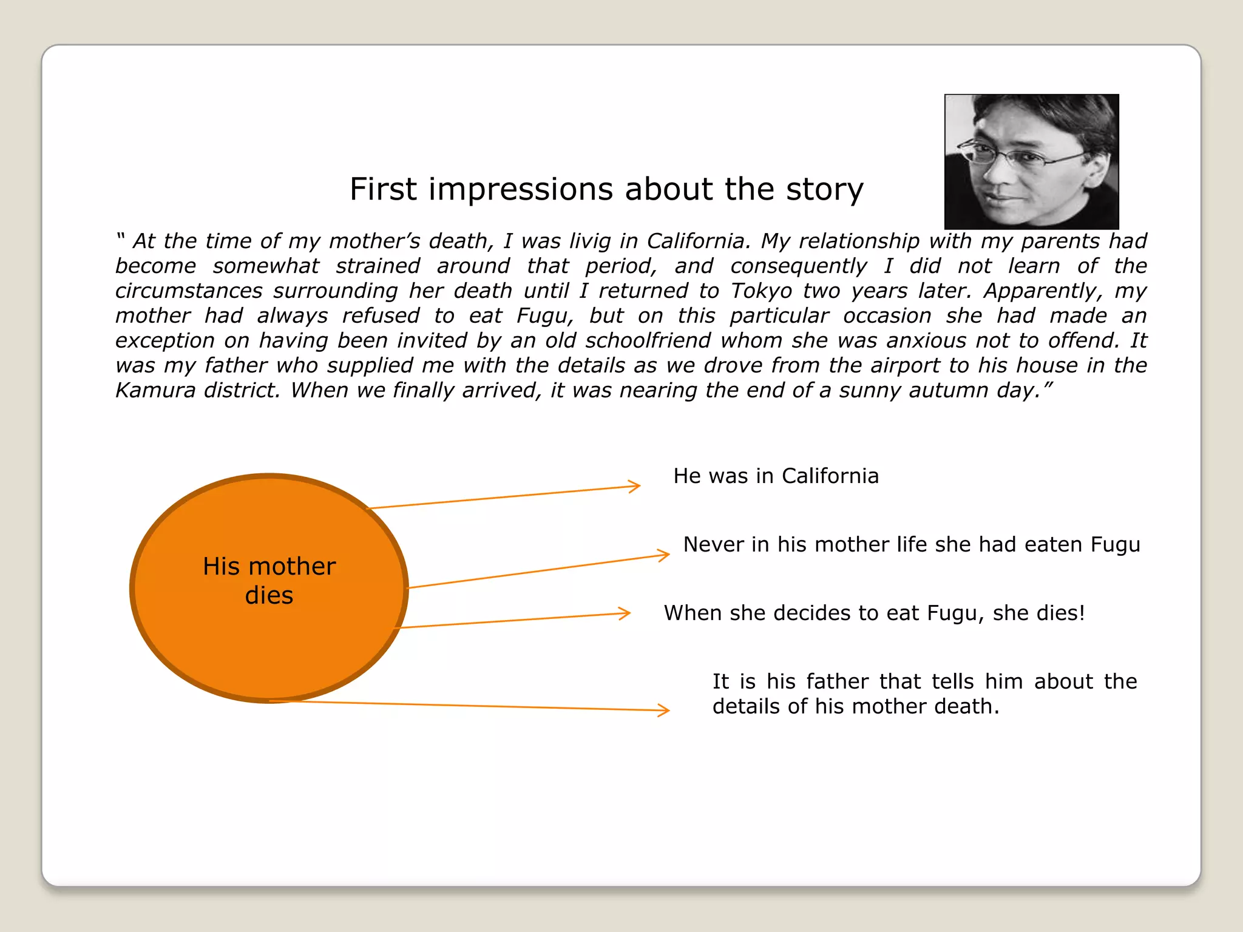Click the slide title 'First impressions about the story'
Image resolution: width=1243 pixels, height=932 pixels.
click(606, 189)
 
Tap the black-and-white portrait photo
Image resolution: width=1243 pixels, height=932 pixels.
click(1031, 161)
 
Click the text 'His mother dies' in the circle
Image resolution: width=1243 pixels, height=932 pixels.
click(269, 581)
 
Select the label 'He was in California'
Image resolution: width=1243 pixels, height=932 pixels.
click(776, 476)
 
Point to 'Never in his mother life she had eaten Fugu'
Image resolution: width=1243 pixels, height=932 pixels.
click(911, 544)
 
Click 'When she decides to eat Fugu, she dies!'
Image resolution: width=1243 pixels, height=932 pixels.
click(874, 613)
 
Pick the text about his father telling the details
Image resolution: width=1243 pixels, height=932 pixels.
click(924, 694)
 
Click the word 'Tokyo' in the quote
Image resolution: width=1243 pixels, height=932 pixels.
click(761, 291)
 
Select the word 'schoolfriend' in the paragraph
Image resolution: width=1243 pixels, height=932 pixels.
click(648, 340)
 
